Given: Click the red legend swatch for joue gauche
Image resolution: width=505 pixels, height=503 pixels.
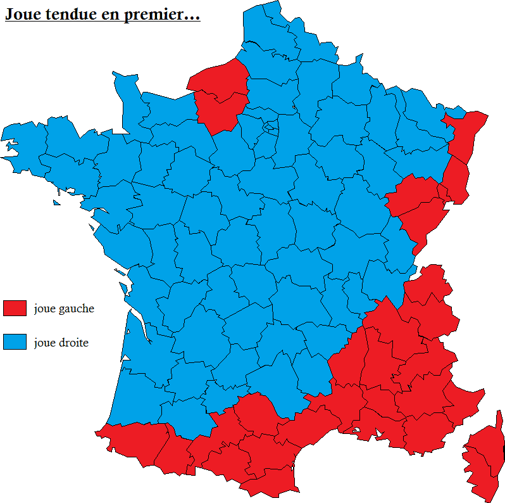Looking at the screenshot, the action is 15,309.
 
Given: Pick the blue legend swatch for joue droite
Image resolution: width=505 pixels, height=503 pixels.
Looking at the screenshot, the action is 15,342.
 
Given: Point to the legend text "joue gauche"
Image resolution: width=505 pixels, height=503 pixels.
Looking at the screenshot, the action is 64,309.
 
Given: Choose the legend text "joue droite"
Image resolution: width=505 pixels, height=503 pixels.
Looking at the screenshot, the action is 61,343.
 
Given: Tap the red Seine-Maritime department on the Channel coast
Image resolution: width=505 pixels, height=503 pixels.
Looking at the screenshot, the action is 218,79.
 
